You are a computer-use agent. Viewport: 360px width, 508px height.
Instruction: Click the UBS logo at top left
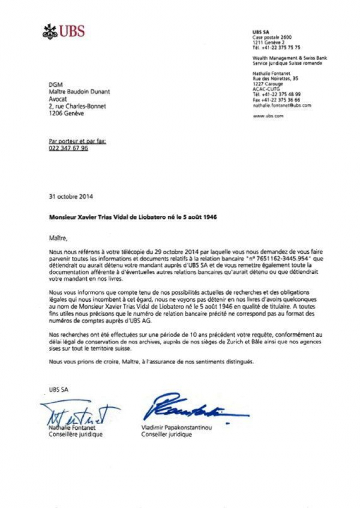pos(63,32)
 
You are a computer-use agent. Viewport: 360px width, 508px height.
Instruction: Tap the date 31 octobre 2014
pos(70,196)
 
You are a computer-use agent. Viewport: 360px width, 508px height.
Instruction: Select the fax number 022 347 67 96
pos(68,148)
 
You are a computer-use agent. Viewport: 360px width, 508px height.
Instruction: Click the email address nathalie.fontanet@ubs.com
pos(281,105)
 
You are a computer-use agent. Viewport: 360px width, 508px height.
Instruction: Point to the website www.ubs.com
pos(268,116)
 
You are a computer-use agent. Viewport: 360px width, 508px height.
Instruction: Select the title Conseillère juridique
pos(75,435)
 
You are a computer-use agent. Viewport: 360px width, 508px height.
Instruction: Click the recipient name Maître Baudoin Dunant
pos(79,91)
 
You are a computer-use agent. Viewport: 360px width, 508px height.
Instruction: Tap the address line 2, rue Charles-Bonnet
pos(77,106)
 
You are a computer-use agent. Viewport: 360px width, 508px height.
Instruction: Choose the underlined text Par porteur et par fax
pos(77,141)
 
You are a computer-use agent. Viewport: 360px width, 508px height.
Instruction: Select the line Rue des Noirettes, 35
pos(275,78)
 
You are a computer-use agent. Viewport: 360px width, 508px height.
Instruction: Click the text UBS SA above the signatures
pos(58,390)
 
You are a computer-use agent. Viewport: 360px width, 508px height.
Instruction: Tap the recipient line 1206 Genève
pos(66,113)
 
